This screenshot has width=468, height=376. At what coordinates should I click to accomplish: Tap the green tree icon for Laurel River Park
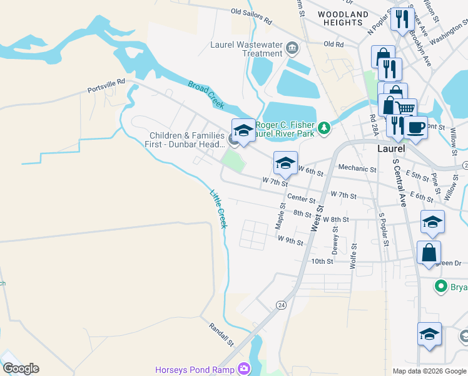[323, 128]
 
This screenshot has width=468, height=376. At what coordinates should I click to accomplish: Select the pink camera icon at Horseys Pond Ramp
[243, 370]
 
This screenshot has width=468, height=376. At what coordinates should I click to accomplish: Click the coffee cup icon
[415, 127]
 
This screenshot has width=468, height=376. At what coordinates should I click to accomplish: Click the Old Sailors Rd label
[252, 16]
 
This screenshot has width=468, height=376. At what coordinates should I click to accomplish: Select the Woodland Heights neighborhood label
[343, 18]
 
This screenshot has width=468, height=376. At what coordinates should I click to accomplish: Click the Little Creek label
[217, 209]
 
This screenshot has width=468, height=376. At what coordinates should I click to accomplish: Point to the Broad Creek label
[206, 94]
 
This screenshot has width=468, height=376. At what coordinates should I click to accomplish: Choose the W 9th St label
[291, 241]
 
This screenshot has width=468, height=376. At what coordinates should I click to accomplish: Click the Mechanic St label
[357, 169]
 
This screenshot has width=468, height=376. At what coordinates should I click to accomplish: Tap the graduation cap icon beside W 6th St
[285, 164]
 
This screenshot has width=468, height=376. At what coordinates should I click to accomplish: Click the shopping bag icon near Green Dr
[429, 253]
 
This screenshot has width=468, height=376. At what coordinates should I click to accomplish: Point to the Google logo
[21, 368]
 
